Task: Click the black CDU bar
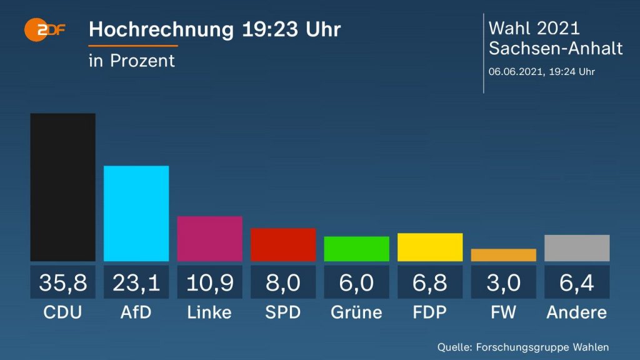(x=62, y=187)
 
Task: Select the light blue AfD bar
(x=136, y=213)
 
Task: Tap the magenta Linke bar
(x=209, y=239)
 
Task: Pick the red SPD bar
(x=283, y=244)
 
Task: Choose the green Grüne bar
(x=356, y=249)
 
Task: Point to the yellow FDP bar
(x=430, y=247)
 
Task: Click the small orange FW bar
(x=503, y=255)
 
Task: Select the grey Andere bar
(x=577, y=248)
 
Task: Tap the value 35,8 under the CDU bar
(x=62, y=282)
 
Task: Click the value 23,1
(x=136, y=282)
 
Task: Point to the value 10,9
(x=209, y=282)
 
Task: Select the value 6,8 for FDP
(x=430, y=282)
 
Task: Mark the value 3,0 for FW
(x=503, y=282)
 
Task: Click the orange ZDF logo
(x=44, y=29)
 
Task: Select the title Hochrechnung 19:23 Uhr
(x=214, y=29)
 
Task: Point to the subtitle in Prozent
(x=132, y=61)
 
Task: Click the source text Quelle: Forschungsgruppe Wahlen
(x=522, y=347)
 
